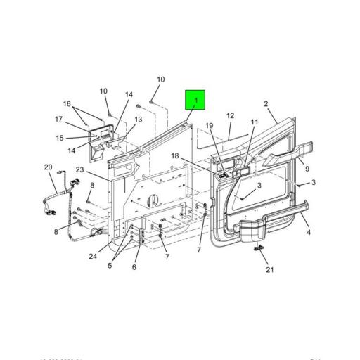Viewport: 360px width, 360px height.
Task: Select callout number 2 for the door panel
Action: [266, 105]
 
